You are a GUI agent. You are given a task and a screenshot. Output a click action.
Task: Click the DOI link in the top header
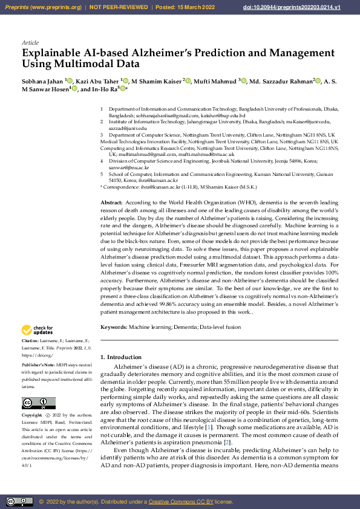point(310,7)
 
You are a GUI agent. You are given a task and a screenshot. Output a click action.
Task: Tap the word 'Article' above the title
point(30,43)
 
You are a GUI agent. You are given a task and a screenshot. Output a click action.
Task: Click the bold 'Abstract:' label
point(111,203)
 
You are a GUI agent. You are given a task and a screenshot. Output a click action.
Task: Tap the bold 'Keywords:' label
point(114,327)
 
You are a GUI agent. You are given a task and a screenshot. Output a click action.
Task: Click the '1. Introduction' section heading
point(120,357)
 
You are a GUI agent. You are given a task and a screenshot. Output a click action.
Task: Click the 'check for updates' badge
point(37,330)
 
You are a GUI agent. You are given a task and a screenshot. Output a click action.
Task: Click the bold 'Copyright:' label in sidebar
point(32,415)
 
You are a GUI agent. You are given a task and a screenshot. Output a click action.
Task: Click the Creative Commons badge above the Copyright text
point(38,403)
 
